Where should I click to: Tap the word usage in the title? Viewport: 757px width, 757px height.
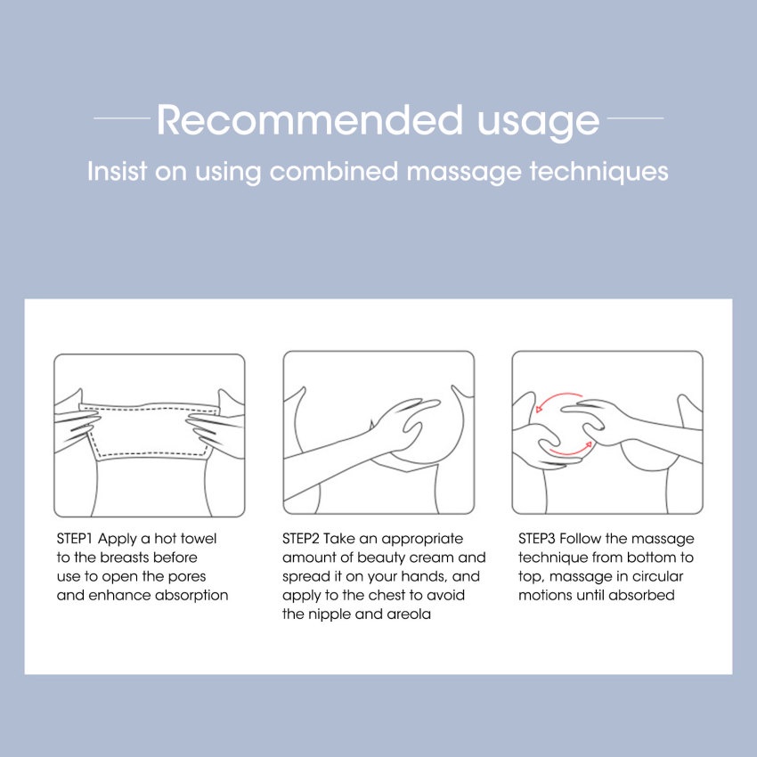(538, 124)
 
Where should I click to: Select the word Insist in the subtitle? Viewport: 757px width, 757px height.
(117, 171)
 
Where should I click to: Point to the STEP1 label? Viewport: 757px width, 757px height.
(74, 538)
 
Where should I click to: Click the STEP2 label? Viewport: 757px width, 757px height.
(301, 538)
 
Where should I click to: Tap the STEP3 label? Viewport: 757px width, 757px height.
(537, 538)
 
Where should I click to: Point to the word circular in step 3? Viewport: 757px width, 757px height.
(657, 576)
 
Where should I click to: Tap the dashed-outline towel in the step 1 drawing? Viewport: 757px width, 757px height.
(150, 431)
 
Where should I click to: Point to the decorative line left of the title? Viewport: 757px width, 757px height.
(122, 118)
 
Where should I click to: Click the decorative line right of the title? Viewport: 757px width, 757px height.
(635, 118)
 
